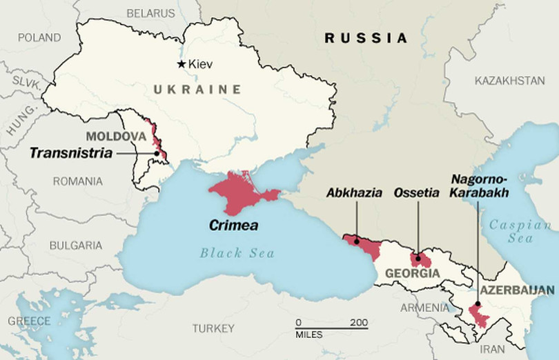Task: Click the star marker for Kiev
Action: coord(182,64)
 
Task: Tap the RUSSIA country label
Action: coord(366,37)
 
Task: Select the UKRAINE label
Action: coord(197,89)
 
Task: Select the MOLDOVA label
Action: coord(116,137)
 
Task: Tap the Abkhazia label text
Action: coord(354,192)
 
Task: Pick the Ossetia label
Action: coord(416,192)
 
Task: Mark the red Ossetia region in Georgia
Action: coord(420,260)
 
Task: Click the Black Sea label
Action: coord(237,253)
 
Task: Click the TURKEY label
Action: coord(213,328)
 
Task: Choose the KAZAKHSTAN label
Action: coord(509,81)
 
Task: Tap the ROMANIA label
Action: coord(77,181)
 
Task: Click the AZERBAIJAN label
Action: coord(518,290)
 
